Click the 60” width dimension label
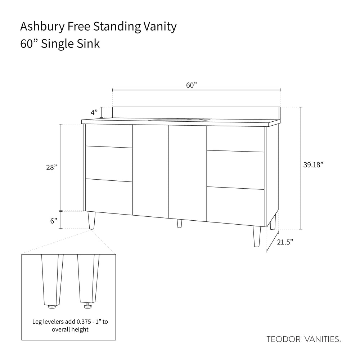[192, 85]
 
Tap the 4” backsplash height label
[94, 112]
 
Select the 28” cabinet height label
[51, 167]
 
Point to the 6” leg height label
[54, 221]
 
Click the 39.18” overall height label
[313, 165]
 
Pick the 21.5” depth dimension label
[285, 242]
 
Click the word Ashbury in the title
[42, 27]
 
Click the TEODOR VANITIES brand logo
[304, 339]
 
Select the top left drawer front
[109, 136]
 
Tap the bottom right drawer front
[235, 207]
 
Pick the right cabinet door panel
[188, 174]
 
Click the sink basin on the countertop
[179, 120]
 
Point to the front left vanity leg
[91, 220]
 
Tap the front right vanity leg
[257, 237]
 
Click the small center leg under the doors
[180, 224]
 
